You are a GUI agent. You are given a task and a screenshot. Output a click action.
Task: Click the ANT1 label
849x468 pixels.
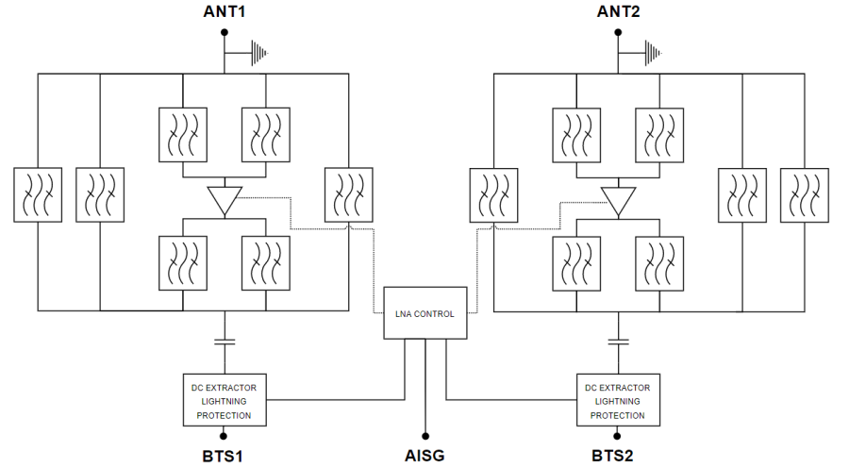tap(224, 11)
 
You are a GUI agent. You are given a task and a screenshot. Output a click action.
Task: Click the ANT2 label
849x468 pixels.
tap(618, 11)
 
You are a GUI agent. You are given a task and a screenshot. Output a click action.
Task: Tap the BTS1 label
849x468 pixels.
tap(224, 456)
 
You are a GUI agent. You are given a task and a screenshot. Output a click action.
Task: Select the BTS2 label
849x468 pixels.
tap(618, 456)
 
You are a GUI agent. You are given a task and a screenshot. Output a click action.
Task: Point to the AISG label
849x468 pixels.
tap(425, 456)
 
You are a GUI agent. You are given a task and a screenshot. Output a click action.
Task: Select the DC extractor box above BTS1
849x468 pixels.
tap(224, 400)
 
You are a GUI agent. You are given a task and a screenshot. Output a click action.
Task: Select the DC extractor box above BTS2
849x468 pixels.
tap(618, 400)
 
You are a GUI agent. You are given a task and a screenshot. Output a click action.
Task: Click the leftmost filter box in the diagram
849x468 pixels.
tap(39, 195)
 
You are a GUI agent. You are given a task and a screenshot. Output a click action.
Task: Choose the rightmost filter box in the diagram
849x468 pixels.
tap(805, 195)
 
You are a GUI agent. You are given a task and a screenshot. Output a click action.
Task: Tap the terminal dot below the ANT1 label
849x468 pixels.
tap(224, 32)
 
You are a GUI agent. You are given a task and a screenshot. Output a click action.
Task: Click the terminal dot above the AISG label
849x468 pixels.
tap(425, 435)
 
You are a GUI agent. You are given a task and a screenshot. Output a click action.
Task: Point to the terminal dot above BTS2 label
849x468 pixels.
tap(618, 435)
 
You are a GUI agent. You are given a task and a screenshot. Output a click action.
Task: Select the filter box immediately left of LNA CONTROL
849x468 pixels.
tap(347, 195)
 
